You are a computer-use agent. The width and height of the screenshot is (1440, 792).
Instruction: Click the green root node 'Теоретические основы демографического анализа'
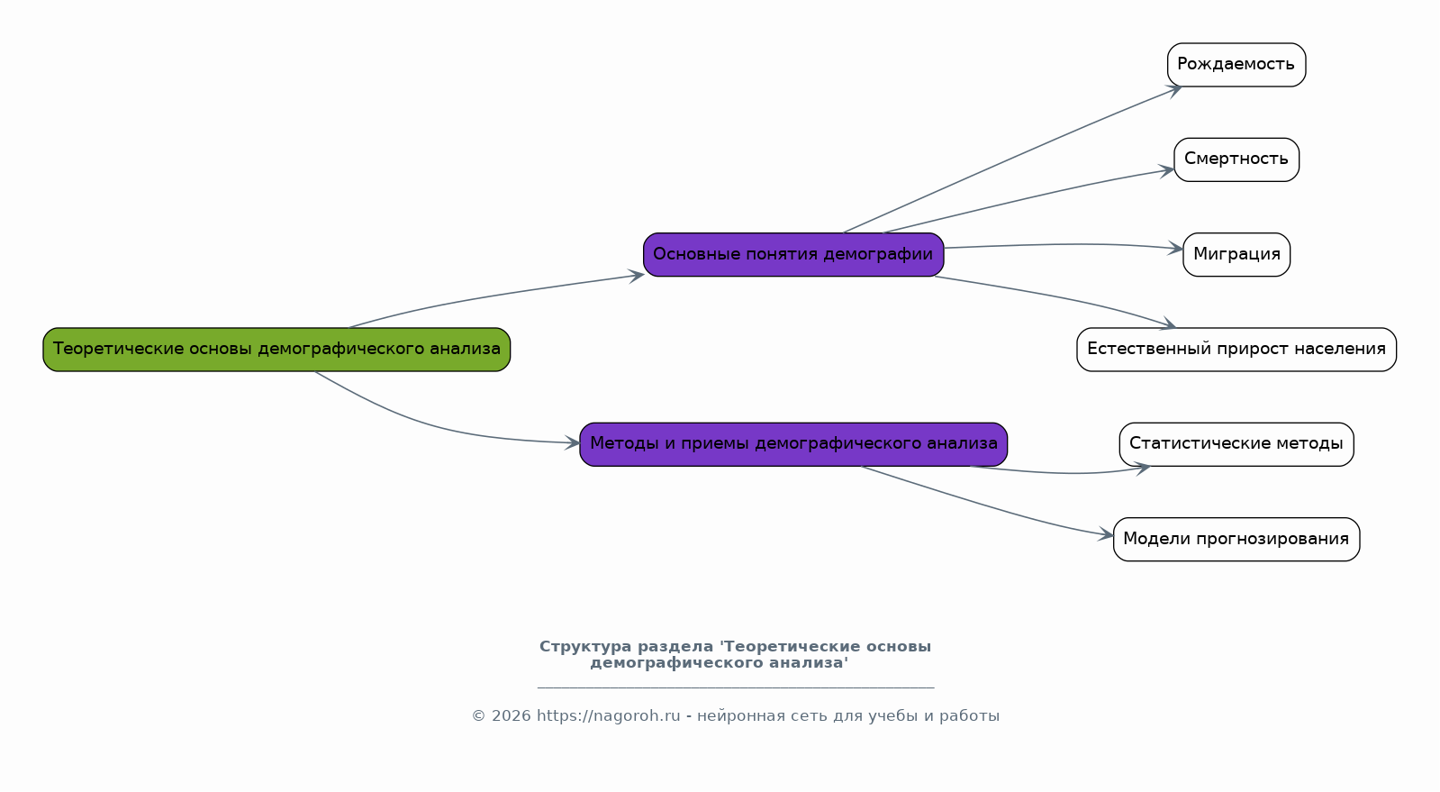pos(276,350)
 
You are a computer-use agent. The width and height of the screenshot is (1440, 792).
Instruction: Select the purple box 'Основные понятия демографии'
pos(792,255)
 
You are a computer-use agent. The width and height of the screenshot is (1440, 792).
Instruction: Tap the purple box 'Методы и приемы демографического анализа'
pos(792,444)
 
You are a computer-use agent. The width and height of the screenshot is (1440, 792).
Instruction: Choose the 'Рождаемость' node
pos(1236,65)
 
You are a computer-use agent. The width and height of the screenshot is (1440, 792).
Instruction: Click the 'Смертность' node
pos(1236,159)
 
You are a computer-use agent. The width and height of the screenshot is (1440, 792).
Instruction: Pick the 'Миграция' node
pos(1236,255)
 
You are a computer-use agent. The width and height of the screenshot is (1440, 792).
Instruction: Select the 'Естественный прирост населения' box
pos(1236,350)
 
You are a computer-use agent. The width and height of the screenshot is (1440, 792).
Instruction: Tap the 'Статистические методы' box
pos(1236,444)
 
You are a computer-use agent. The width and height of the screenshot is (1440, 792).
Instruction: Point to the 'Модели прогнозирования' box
pos(1236,540)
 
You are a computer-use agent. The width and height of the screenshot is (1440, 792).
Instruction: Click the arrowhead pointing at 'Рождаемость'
pos(1174,89)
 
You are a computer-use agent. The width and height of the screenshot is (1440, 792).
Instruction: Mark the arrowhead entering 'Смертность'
pos(1168,170)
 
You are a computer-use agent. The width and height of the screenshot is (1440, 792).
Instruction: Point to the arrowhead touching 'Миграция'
pos(1176,249)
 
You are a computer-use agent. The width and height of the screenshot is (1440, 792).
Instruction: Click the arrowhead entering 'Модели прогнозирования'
pos(1107,535)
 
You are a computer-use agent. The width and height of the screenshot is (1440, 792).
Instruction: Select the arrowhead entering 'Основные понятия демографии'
pos(637,276)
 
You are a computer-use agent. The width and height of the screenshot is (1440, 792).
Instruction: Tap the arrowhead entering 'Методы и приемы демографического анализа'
pos(573,442)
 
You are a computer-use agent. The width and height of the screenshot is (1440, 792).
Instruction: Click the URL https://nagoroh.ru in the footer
pos(608,716)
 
